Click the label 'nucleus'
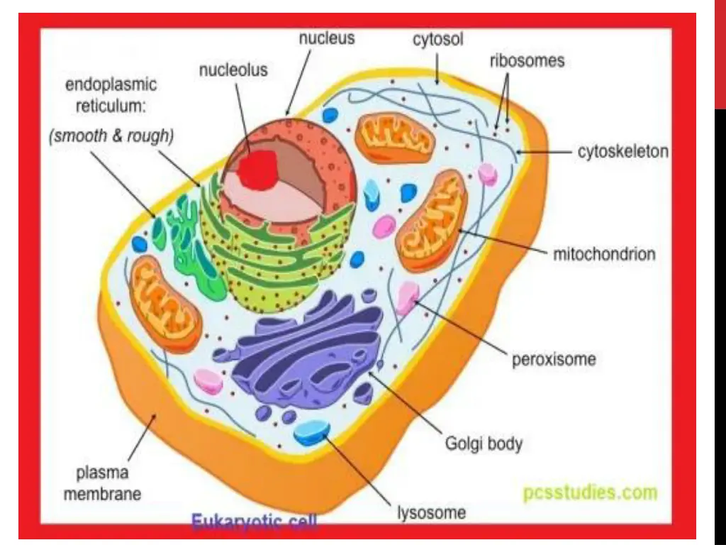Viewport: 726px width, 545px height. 327,38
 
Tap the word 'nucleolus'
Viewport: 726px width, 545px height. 233,70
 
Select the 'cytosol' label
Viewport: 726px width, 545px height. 438,40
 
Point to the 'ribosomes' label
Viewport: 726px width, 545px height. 527,61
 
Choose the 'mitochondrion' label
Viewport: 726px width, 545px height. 604,254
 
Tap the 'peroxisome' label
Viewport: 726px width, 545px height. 554,360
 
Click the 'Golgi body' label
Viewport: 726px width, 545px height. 484,445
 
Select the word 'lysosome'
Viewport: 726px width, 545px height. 431,512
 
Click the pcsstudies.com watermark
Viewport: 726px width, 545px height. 591,492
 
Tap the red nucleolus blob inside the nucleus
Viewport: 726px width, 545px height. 257,169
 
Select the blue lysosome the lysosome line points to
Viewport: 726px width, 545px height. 312,431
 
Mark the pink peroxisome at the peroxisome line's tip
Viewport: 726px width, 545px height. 408,297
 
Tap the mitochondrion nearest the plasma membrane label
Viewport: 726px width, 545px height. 164,304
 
